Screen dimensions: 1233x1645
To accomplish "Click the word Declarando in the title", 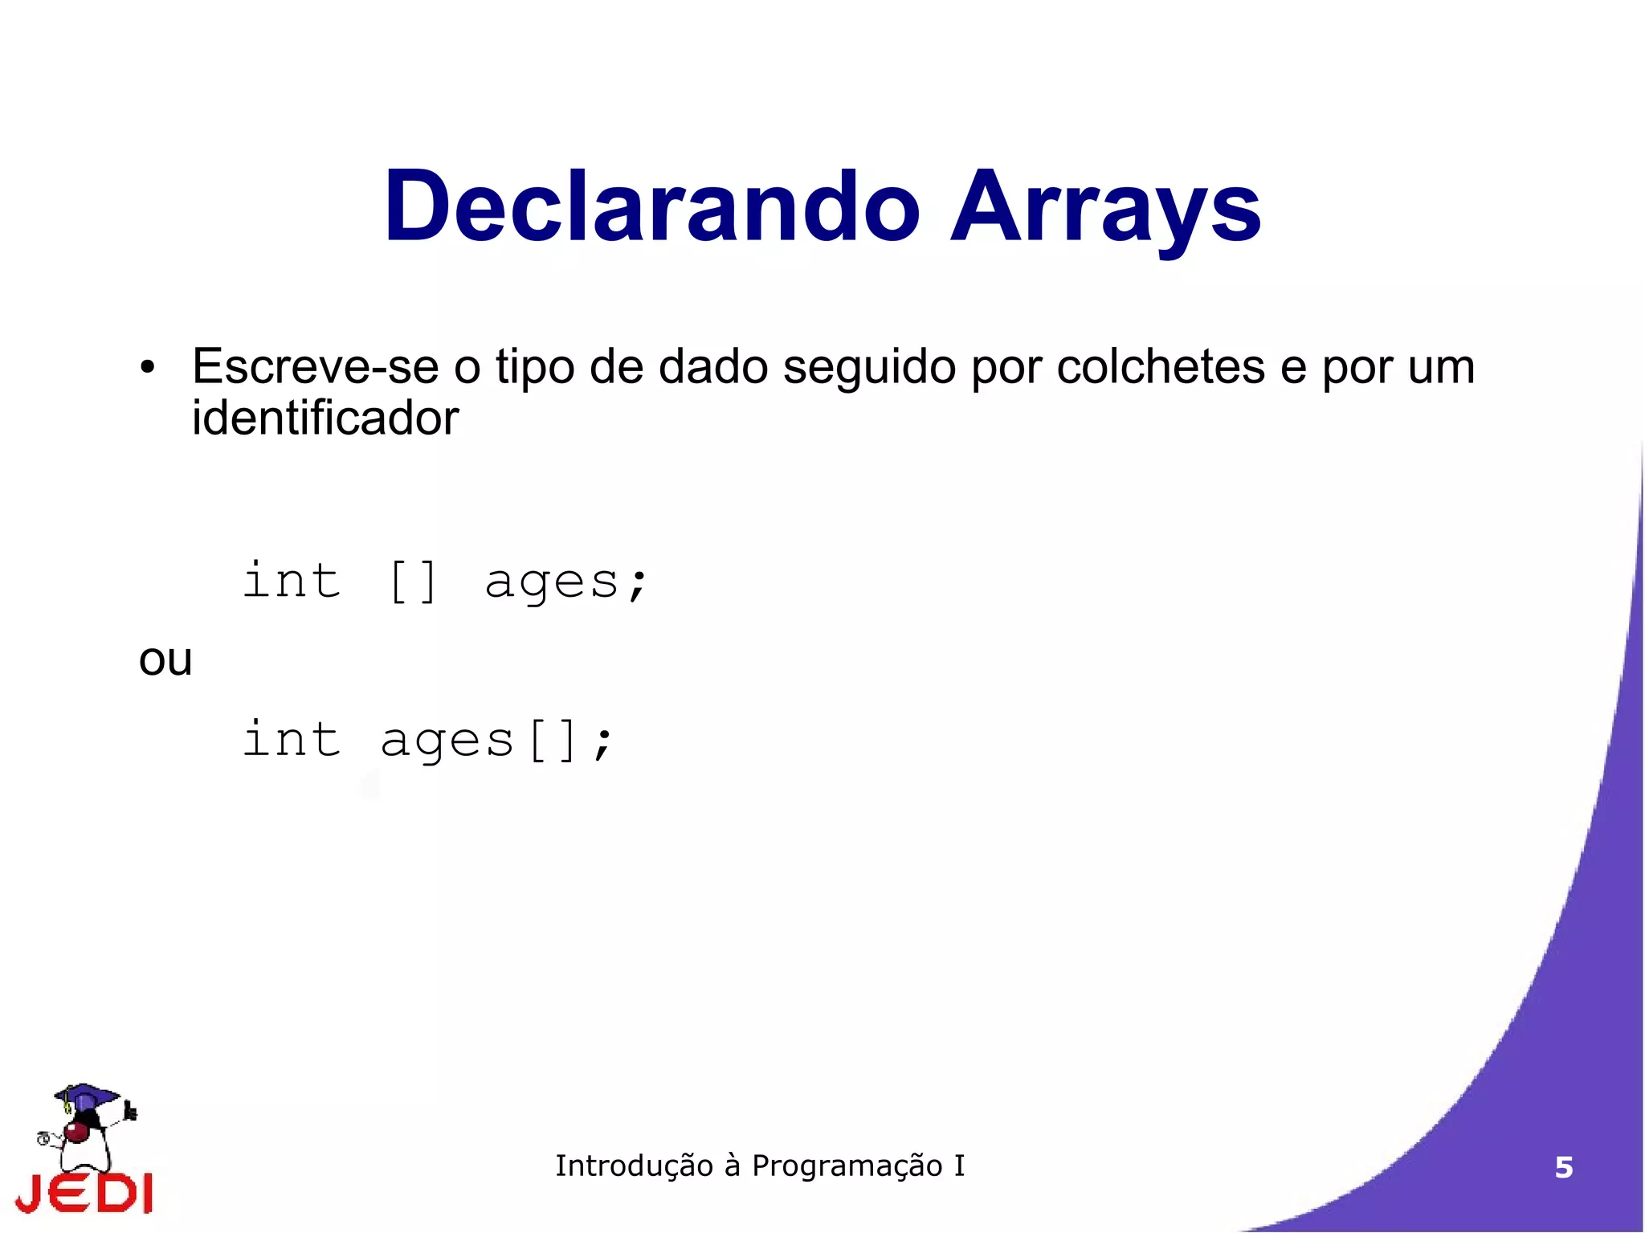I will (x=651, y=206).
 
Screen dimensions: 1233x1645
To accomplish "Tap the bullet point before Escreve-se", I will (x=147, y=369).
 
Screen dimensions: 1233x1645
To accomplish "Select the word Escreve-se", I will (x=315, y=367).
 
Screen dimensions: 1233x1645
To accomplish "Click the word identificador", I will (x=325, y=418).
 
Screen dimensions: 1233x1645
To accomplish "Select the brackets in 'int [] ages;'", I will (x=413, y=582).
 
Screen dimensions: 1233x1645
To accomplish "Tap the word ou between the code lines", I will (x=165, y=661).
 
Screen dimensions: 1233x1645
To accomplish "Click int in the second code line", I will (x=292, y=739).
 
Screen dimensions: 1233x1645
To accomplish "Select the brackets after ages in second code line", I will (x=553, y=741).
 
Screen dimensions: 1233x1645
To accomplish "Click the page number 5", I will (x=1563, y=1167).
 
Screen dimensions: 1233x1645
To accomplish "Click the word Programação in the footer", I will (x=847, y=1166).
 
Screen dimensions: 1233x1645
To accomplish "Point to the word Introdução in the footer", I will (x=634, y=1166).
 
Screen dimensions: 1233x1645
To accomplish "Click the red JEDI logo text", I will (x=84, y=1193).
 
